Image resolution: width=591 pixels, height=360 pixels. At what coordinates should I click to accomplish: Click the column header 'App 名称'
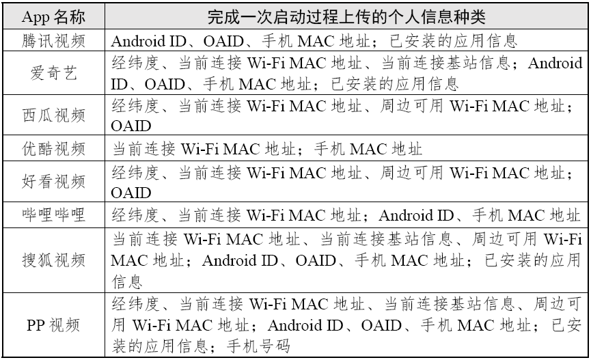click(54, 16)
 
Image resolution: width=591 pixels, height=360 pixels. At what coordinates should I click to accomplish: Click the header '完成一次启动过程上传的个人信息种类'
click(344, 16)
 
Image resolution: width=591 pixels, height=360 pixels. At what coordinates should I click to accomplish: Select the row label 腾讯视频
click(54, 40)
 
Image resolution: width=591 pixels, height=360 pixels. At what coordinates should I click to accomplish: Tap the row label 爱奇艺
click(54, 74)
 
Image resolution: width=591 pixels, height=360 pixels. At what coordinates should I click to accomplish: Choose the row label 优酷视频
click(54, 148)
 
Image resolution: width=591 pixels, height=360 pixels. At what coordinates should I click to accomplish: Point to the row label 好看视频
click(54, 182)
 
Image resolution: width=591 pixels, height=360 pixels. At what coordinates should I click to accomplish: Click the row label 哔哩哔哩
click(54, 215)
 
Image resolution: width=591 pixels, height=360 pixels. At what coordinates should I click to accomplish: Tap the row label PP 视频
click(54, 325)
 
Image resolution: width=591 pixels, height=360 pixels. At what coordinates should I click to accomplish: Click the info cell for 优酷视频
click(266, 148)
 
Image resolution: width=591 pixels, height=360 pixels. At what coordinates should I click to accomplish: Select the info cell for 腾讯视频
click(314, 40)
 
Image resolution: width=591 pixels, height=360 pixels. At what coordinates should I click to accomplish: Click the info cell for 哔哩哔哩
click(346, 215)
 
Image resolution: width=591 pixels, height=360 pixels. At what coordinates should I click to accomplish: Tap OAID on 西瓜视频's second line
click(130, 127)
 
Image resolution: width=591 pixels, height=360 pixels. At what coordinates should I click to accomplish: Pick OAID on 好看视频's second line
click(130, 193)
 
